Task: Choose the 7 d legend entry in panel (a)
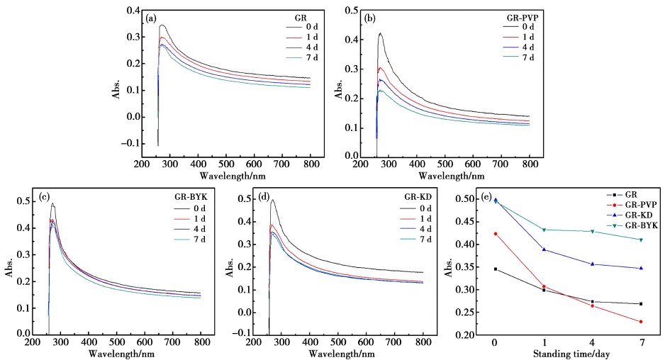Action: tap(293, 57)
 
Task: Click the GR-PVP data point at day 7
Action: tap(640, 322)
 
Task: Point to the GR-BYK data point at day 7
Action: tap(640, 240)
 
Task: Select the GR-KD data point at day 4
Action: tap(591, 264)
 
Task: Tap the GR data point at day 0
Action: tap(495, 269)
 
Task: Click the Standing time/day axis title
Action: tap(568, 352)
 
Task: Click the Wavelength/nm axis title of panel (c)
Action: tap(117, 352)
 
